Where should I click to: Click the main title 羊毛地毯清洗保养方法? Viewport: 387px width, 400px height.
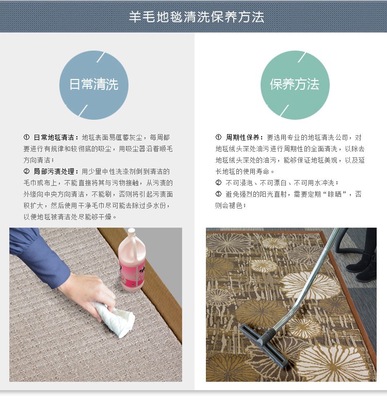click(196, 17)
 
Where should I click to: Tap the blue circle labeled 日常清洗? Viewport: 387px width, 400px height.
click(94, 85)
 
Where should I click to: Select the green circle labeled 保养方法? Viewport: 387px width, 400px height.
click(295, 85)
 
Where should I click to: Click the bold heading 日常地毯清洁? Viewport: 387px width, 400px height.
click(54, 137)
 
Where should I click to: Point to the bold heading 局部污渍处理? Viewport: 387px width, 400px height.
click(54, 171)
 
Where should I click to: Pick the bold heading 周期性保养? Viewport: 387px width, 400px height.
click(243, 137)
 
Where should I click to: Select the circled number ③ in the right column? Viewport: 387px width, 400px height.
click(218, 194)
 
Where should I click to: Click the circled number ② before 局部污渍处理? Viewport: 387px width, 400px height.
click(26, 171)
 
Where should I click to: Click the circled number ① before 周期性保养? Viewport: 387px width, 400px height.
click(218, 137)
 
